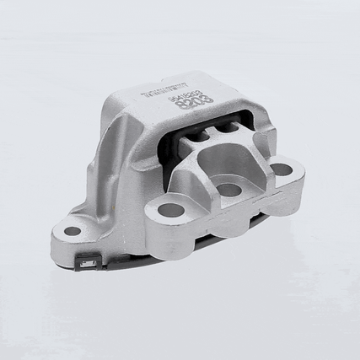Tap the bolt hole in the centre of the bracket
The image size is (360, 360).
tap(229, 189)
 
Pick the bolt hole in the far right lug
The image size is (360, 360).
tap(281, 169)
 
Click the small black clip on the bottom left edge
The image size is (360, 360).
tap(86, 264)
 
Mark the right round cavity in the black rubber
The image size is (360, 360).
tap(228, 130)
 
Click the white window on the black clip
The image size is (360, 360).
tap(86, 266)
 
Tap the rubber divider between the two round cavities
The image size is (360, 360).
tap(215, 132)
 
